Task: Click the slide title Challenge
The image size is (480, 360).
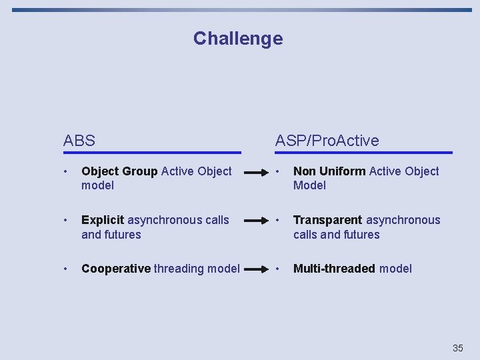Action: point(238,39)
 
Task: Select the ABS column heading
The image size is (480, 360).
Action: point(79,141)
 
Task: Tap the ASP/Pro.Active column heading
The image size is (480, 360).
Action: point(327,141)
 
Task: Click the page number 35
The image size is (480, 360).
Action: point(457,348)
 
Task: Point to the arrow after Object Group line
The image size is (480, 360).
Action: point(257,172)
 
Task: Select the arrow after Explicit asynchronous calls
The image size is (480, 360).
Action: point(257,221)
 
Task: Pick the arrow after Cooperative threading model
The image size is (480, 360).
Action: point(257,269)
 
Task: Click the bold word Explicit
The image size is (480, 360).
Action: point(103,220)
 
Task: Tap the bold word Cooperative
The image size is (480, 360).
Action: point(116,269)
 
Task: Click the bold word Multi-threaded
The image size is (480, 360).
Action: point(334,269)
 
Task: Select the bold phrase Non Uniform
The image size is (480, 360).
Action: point(329,171)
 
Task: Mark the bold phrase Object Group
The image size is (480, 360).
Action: point(119,171)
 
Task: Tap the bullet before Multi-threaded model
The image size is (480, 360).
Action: point(278,269)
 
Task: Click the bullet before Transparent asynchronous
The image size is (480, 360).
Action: point(278,220)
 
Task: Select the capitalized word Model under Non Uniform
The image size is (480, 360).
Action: point(309,185)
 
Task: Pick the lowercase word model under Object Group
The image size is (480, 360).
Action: point(97,185)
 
